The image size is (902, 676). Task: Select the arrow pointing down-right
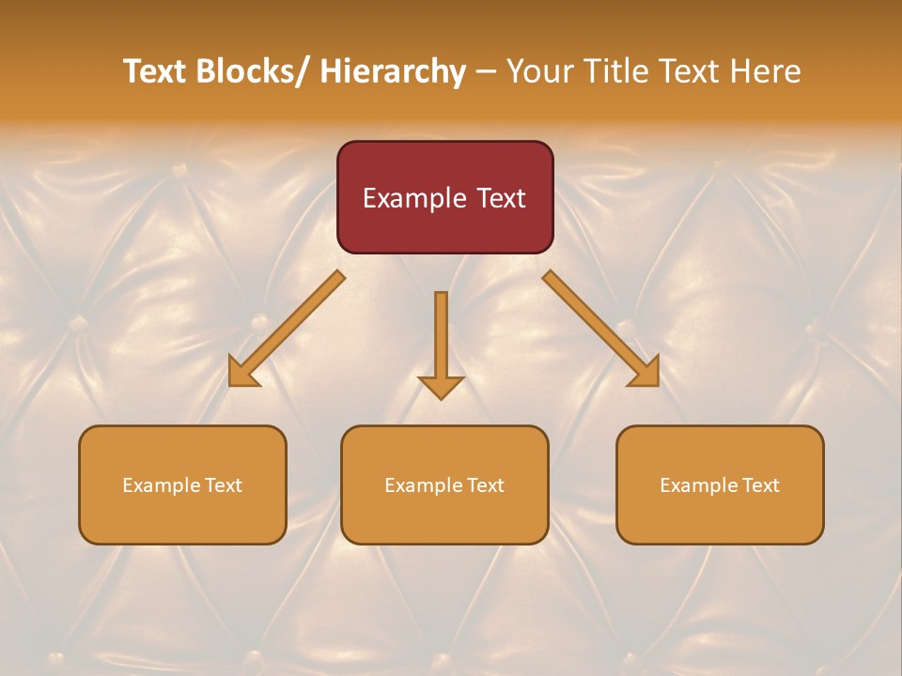[x=601, y=329]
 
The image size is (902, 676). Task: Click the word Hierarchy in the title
[x=393, y=71]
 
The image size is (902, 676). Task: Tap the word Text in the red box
[x=500, y=198]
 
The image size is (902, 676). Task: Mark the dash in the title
[x=486, y=72]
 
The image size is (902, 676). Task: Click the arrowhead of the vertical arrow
[x=441, y=386]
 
